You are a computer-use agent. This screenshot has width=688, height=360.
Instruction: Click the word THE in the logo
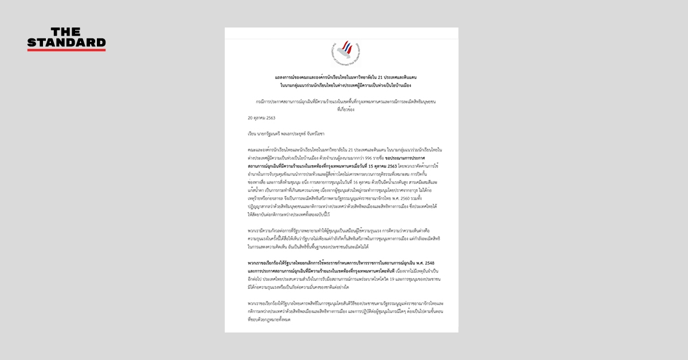(67, 32)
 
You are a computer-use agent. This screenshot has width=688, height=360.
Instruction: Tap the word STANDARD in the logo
(67, 42)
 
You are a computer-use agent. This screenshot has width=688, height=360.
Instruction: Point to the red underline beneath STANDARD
(67, 50)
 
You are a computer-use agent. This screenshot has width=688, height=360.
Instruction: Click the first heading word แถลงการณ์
(287, 77)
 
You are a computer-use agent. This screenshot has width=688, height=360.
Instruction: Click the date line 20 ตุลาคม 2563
(261, 118)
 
